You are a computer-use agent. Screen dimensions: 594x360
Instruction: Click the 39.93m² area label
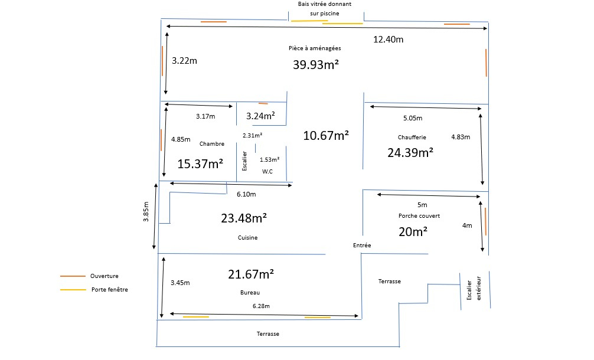tap(315, 65)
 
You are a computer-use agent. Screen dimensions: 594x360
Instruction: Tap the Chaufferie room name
tap(412, 138)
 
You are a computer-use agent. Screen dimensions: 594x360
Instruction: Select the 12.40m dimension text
tap(389, 40)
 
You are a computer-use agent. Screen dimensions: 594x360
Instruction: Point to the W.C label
tap(267, 172)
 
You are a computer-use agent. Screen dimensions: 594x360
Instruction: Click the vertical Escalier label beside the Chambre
tap(244, 161)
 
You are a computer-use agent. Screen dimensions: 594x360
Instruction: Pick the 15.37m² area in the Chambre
tap(200, 164)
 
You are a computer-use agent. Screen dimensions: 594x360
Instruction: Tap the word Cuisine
tap(248, 238)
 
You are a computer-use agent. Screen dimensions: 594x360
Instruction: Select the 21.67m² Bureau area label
tap(251, 274)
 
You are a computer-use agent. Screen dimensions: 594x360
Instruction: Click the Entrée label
tap(362, 246)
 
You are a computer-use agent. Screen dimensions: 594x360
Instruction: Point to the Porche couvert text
tap(419, 216)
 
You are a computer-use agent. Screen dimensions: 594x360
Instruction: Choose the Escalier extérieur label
tap(474, 289)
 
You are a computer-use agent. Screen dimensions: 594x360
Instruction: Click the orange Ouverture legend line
tap(73, 276)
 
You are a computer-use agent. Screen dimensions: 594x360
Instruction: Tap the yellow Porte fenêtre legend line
tap(73, 290)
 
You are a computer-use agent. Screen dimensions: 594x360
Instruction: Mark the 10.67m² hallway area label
tap(326, 136)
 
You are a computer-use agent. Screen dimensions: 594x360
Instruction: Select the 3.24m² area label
tap(260, 116)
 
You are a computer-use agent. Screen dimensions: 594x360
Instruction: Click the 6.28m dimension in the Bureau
tap(261, 306)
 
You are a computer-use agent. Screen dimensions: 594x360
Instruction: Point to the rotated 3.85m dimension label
tap(146, 212)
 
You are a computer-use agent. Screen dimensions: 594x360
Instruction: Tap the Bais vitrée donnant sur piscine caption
tap(325, 9)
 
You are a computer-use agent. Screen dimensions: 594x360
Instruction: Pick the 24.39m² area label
tap(410, 152)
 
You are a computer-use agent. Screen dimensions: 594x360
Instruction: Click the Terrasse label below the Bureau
tap(268, 334)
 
